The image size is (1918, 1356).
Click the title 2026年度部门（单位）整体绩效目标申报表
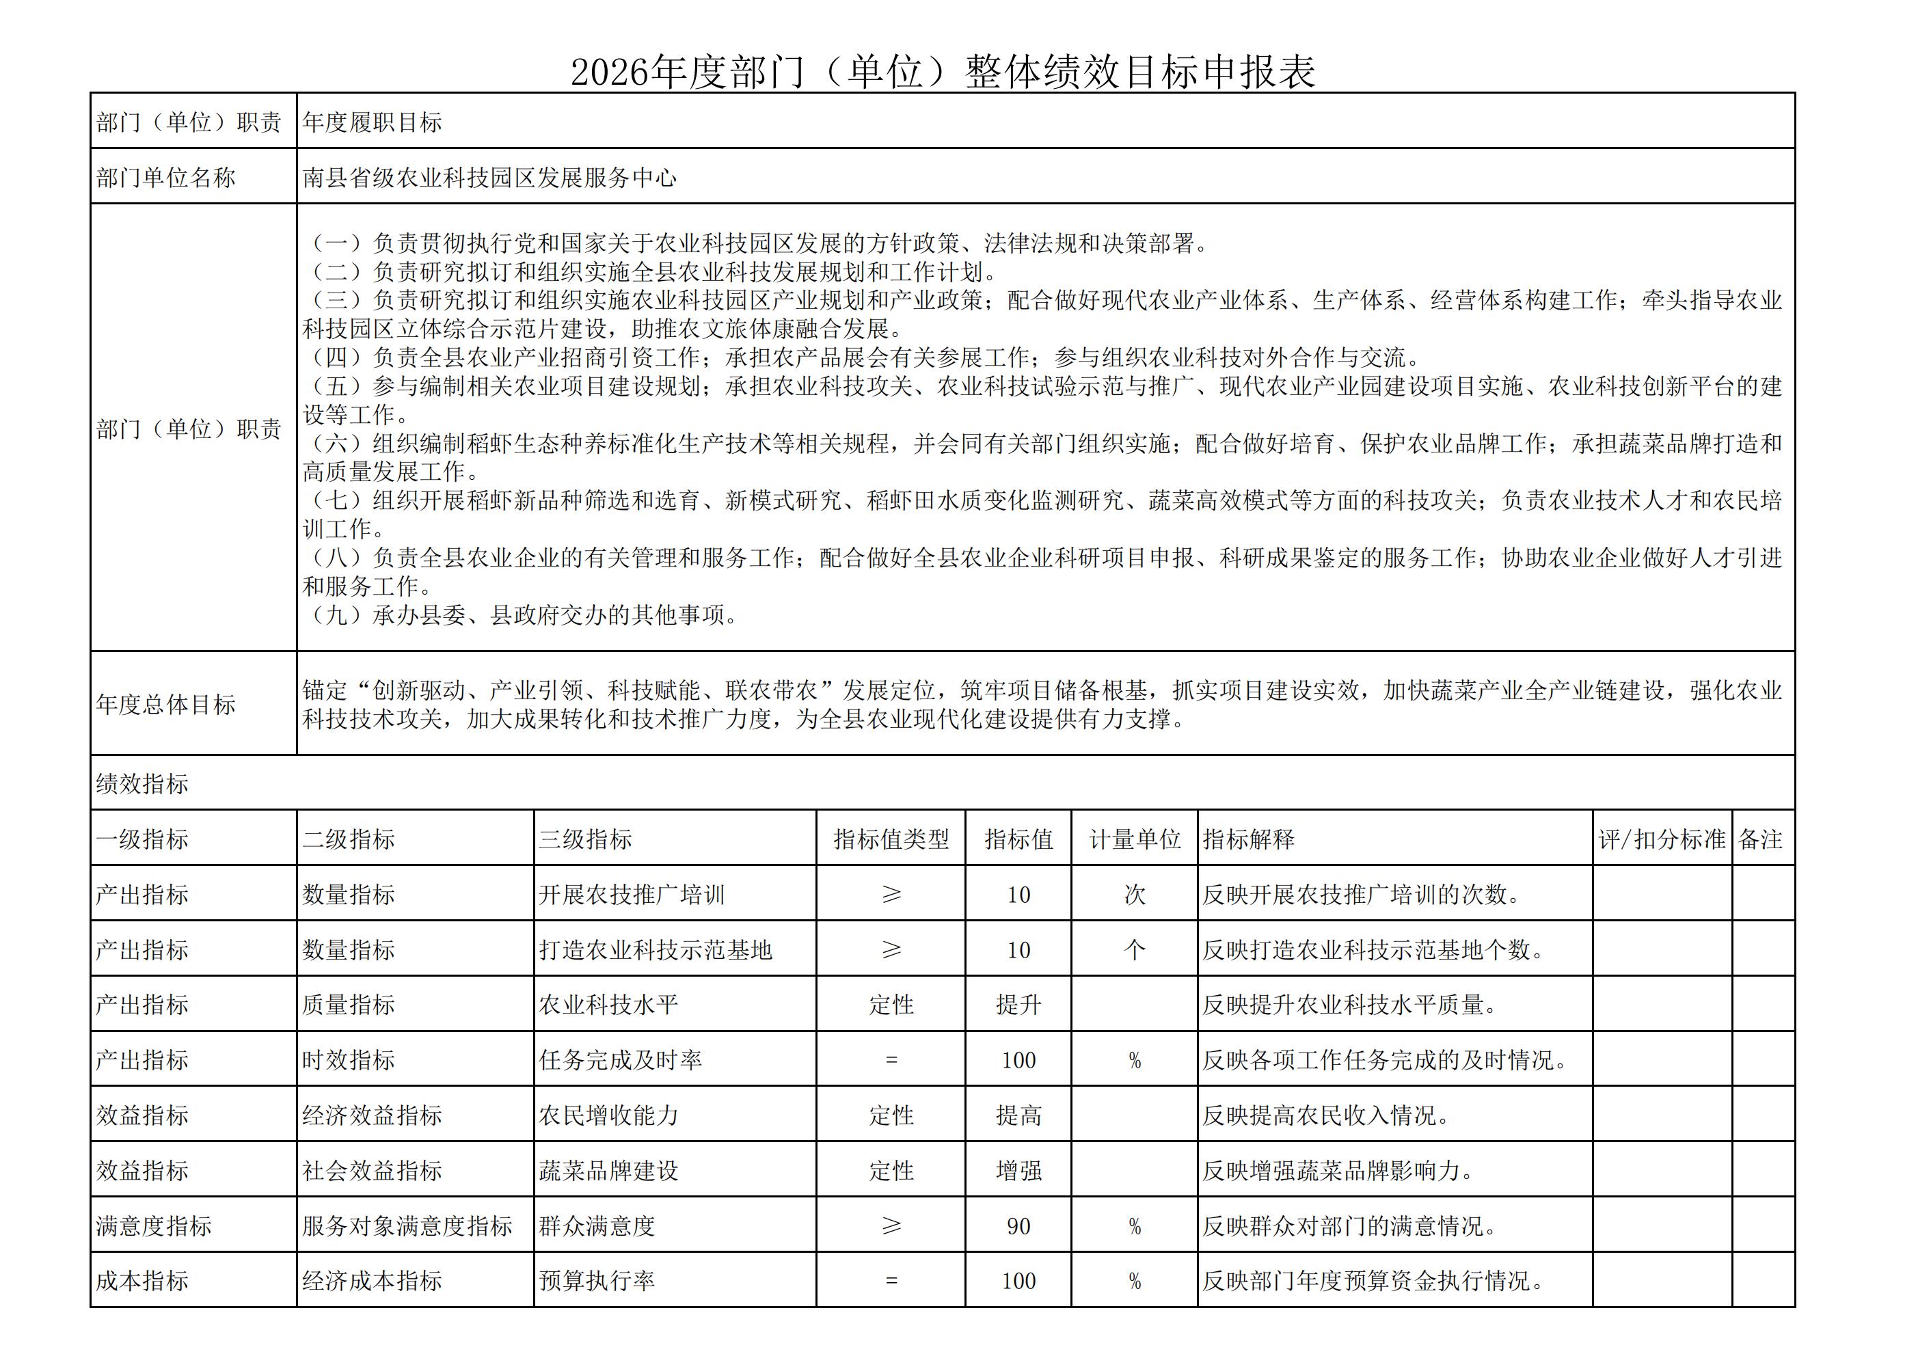[943, 72]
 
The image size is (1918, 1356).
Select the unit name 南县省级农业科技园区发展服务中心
[489, 178]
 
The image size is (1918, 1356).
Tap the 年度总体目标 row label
[165, 705]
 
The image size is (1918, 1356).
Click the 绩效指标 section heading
[142, 784]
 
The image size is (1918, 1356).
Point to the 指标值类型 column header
[891, 839]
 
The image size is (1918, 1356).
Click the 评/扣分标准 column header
[1662, 839]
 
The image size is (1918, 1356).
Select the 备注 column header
[1760, 839]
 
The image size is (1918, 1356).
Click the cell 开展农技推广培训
[632, 895]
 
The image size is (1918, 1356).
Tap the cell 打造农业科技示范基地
[655, 950]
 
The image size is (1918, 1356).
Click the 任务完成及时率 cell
[620, 1060]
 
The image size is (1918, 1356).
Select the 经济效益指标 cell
[372, 1115]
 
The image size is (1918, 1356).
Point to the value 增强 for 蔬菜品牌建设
[1018, 1171]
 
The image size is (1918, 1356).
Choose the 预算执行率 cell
[597, 1281]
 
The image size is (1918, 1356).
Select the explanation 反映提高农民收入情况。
[1326, 1115]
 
